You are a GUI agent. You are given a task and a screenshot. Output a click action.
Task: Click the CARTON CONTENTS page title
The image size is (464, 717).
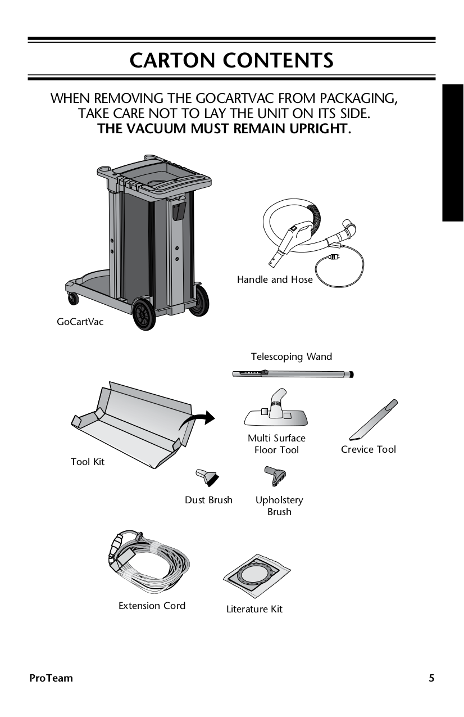(231, 60)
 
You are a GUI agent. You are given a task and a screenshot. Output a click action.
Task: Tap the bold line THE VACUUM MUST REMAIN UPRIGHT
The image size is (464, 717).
(224, 129)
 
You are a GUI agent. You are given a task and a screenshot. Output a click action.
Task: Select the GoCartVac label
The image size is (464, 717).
(80, 322)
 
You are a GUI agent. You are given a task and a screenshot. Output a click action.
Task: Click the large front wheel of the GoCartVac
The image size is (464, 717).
(144, 314)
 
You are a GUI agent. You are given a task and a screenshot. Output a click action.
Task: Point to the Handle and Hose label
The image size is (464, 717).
(275, 279)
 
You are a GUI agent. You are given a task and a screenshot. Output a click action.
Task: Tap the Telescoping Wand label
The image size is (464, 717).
(291, 357)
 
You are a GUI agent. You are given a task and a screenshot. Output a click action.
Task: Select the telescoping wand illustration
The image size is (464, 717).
(293, 373)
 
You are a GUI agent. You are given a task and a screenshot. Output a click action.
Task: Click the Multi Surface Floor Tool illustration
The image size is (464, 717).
(276, 411)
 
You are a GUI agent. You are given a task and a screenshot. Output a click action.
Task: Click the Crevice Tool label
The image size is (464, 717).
(369, 449)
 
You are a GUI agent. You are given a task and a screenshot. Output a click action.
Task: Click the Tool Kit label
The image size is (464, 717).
(88, 462)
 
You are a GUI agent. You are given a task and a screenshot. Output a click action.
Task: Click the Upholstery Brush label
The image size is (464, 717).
(279, 506)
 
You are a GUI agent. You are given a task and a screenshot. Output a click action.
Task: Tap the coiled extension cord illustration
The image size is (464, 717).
(149, 562)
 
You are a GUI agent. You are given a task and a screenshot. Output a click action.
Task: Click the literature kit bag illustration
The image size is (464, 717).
(258, 575)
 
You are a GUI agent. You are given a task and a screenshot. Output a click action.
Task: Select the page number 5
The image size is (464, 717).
(431, 678)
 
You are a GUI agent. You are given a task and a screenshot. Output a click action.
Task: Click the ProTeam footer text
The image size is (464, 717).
(51, 678)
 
